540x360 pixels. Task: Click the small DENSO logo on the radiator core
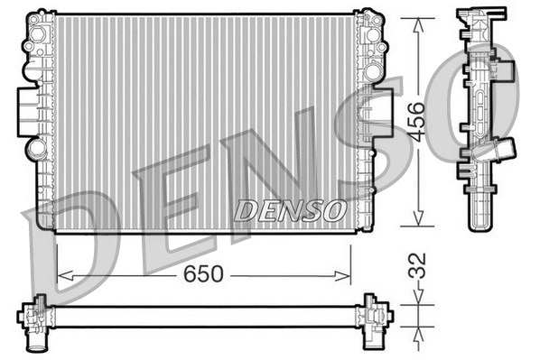pos(290,209)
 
